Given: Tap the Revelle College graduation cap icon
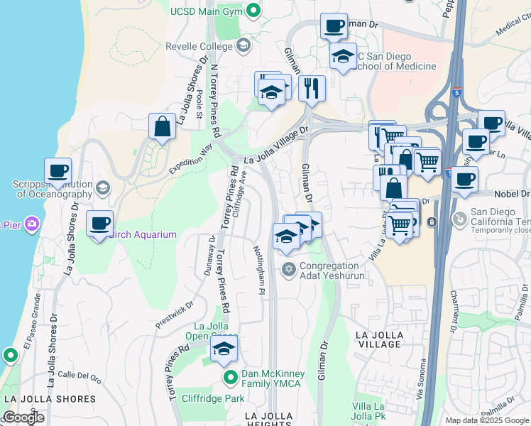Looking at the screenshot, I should [243, 46].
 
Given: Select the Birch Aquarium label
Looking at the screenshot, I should [144, 234].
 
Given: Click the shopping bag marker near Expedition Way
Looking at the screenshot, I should [163, 127].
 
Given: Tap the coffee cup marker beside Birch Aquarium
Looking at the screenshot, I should [99, 224].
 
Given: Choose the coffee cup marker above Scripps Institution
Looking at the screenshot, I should [58, 171].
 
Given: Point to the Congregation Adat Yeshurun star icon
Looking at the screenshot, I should [288, 269].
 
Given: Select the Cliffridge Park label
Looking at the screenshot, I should [212, 398].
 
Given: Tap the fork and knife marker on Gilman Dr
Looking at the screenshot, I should [312, 89].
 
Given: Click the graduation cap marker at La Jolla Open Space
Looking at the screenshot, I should [224, 349].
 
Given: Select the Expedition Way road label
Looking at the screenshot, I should [191, 158].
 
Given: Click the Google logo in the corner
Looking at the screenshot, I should [23, 417].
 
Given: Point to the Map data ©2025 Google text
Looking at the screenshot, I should [486, 420].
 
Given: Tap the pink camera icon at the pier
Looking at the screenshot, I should [31, 224].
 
